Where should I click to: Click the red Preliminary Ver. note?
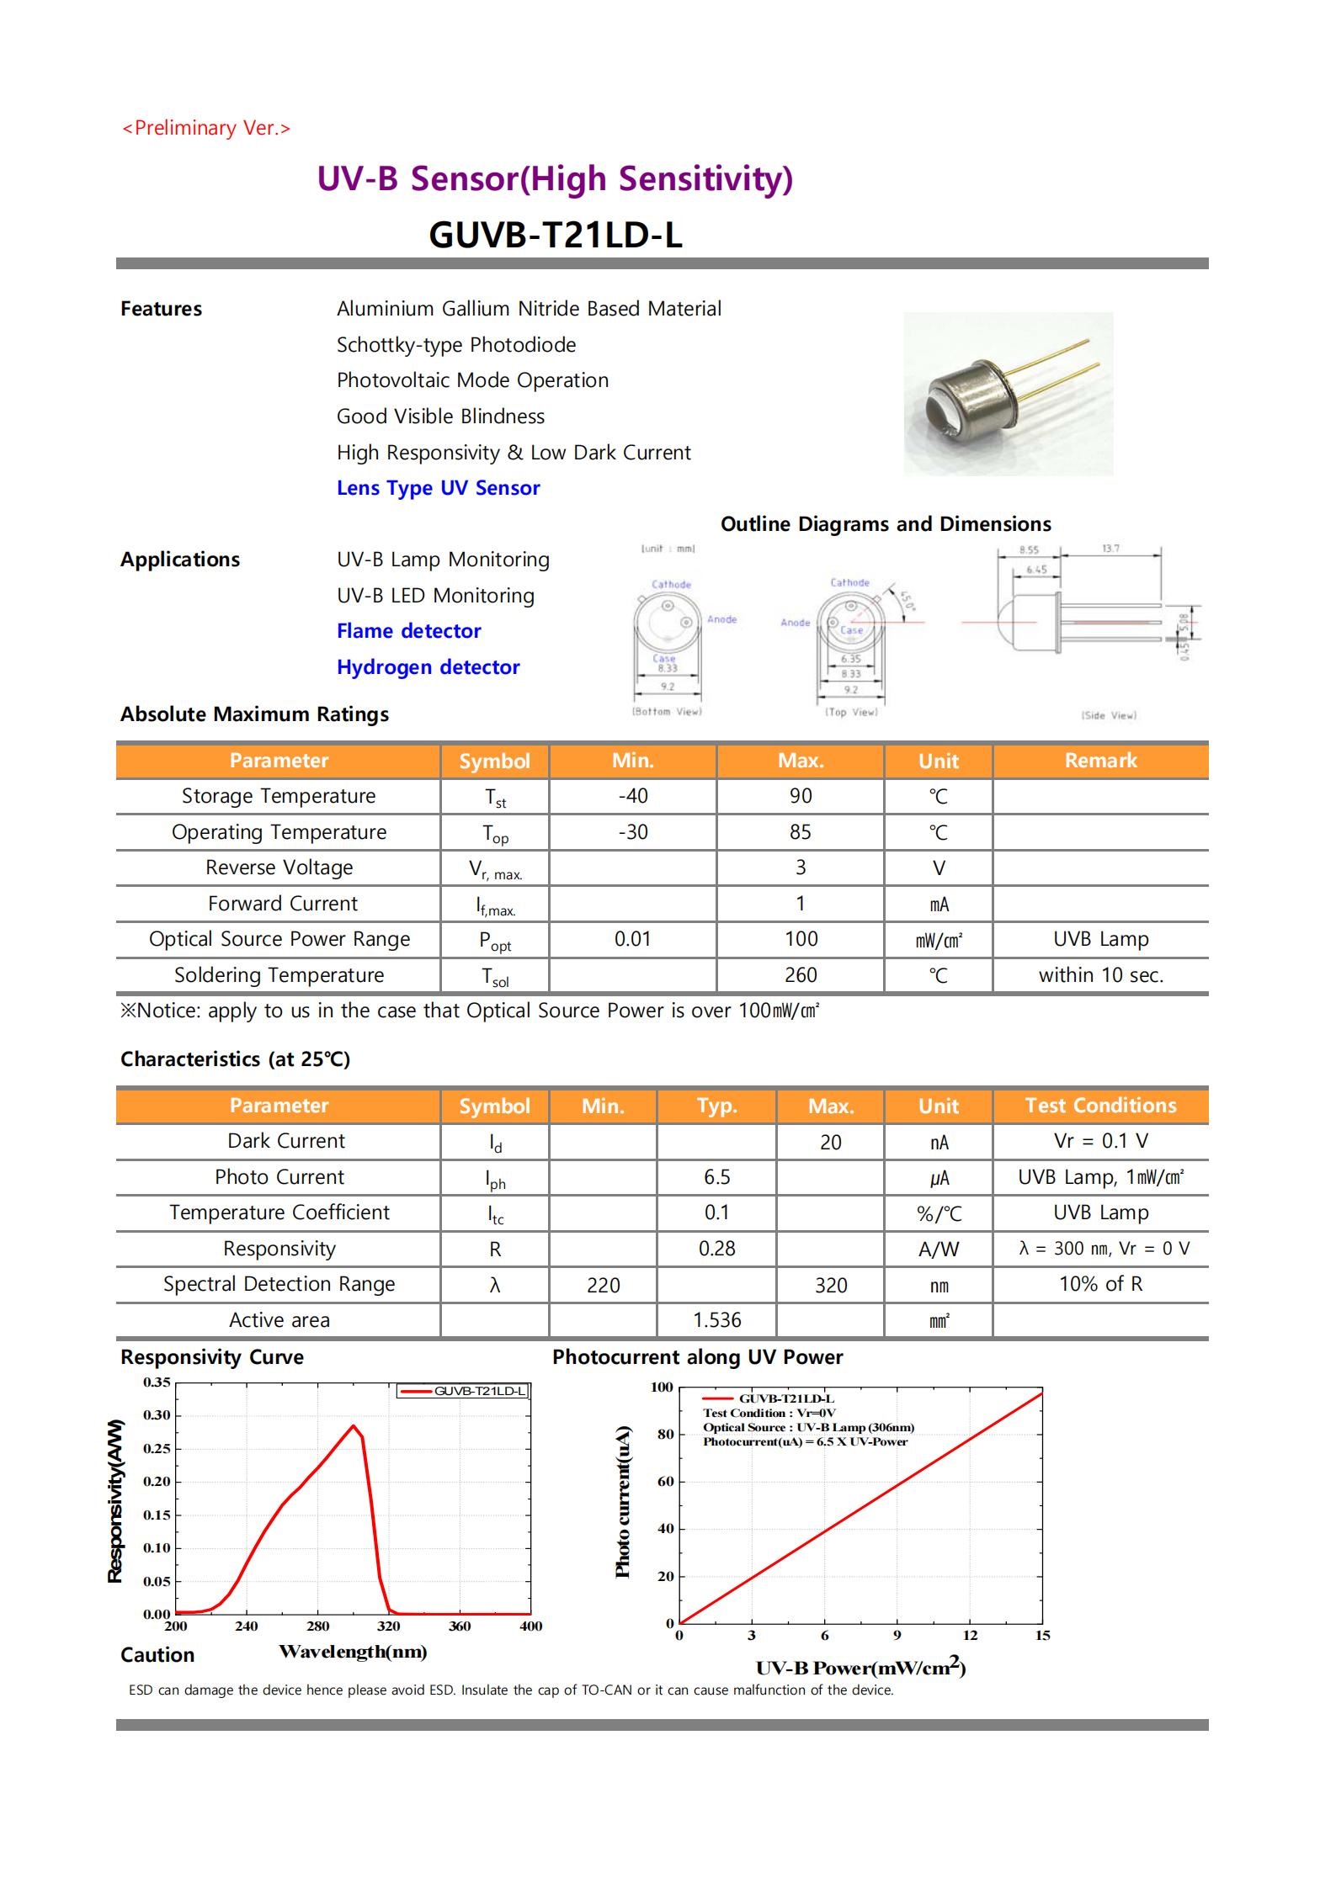[206, 128]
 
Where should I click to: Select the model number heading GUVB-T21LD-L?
[555, 235]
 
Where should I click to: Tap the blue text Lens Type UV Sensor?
[438, 488]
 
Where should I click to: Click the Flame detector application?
[408, 631]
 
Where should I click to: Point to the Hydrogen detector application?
[428, 667]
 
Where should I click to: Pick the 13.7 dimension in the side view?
[1110, 549]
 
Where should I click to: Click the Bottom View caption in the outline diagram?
[667, 712]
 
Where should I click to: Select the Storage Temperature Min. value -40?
[632, 796]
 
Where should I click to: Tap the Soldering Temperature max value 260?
[800, 975]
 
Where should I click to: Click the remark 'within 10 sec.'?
[1100, 975]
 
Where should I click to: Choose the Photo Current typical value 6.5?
[716, 1177]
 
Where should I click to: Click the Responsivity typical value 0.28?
[716, 1249]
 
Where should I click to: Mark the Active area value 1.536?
[716, 1320]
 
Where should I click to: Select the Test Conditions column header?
[1100, 1106]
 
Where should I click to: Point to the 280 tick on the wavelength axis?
[318, 1626]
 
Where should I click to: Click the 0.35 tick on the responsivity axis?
[157, 1382]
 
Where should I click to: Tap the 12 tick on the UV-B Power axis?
[970, 1636]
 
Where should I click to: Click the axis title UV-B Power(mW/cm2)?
[860, 1668]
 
